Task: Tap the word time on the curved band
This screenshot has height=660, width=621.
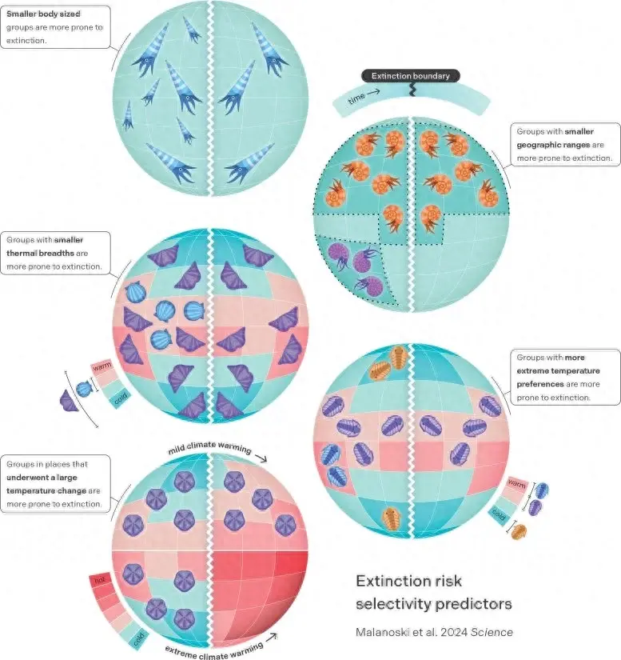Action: pos(358,100)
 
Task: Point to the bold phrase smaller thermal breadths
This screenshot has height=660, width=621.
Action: pos(48,246)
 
